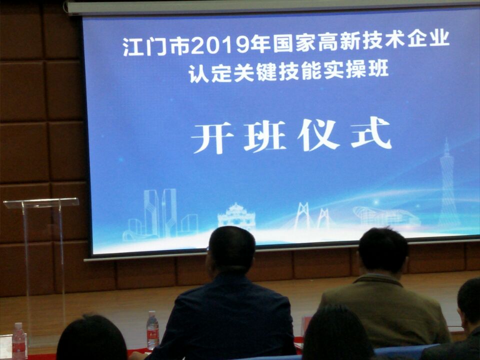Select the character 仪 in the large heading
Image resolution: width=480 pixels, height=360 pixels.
point(318,135)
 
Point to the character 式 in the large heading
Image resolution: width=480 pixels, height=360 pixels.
point(371,133)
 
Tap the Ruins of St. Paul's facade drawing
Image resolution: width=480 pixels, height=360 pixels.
point(236,216)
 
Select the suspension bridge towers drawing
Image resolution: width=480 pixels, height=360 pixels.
point(312,216)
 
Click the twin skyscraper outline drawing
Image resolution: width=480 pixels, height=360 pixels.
point(160,213)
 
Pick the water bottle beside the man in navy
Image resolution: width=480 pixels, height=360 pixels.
point(152,330)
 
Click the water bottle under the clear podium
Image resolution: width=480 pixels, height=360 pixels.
point(19,341)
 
